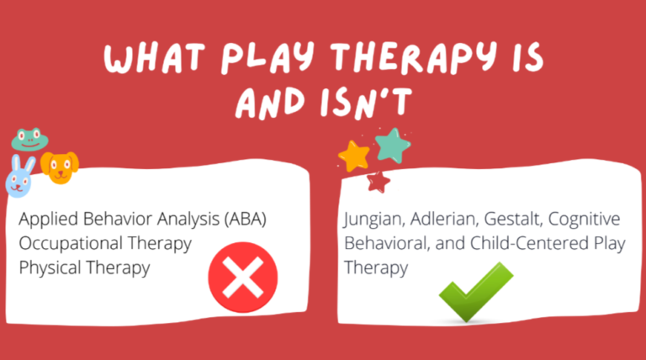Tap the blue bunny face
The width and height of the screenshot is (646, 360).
(x=20, y=174)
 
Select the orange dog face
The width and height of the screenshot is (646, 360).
(x=60, y=167)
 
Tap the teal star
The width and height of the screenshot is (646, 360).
(x=392, y=145)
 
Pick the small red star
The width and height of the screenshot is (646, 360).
(x=379, y=180)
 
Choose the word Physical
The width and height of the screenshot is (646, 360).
(x=46, y=268)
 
